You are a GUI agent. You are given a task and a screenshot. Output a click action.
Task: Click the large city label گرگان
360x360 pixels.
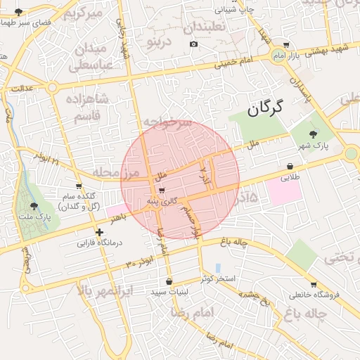(265, 108)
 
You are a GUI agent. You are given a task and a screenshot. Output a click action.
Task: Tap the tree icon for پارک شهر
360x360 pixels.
(313, 134)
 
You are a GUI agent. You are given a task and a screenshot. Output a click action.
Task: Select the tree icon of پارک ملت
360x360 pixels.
(34, 206)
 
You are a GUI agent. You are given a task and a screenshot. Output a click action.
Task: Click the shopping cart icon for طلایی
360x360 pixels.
(290, 167)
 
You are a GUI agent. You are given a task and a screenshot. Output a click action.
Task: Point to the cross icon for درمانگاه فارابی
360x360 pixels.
(99, 231)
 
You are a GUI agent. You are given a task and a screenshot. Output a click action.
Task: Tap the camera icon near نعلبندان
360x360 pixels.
(193, 44)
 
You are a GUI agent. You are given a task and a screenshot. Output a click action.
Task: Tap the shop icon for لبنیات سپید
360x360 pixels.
(168, 281)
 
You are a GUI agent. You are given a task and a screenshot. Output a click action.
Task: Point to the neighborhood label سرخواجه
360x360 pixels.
(167, 122)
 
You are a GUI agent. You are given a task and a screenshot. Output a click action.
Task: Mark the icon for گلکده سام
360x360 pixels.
(88, 186)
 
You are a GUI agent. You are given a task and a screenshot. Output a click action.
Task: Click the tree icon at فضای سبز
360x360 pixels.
(18, 12)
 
